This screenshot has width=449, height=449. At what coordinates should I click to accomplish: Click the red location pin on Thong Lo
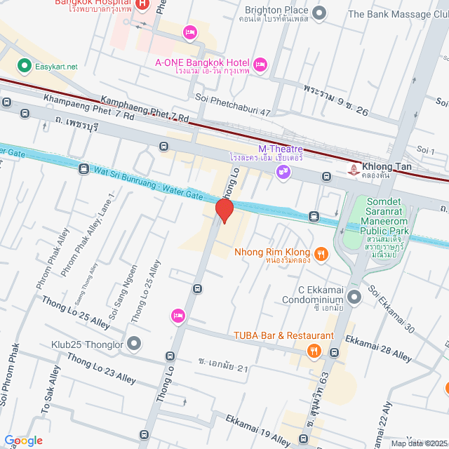coord(224,210)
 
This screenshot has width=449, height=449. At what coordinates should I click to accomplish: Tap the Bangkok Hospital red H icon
coord(142,5)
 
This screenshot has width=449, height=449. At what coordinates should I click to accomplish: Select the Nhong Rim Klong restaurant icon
coord(321,253)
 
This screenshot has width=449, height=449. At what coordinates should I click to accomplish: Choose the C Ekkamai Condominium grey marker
coord(354,297)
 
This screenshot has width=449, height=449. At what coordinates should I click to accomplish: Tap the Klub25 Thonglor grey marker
coord(134,344)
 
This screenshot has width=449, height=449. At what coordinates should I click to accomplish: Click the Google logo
coord(24,440)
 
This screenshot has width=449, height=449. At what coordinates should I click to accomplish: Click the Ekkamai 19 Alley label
coord(257,429)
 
